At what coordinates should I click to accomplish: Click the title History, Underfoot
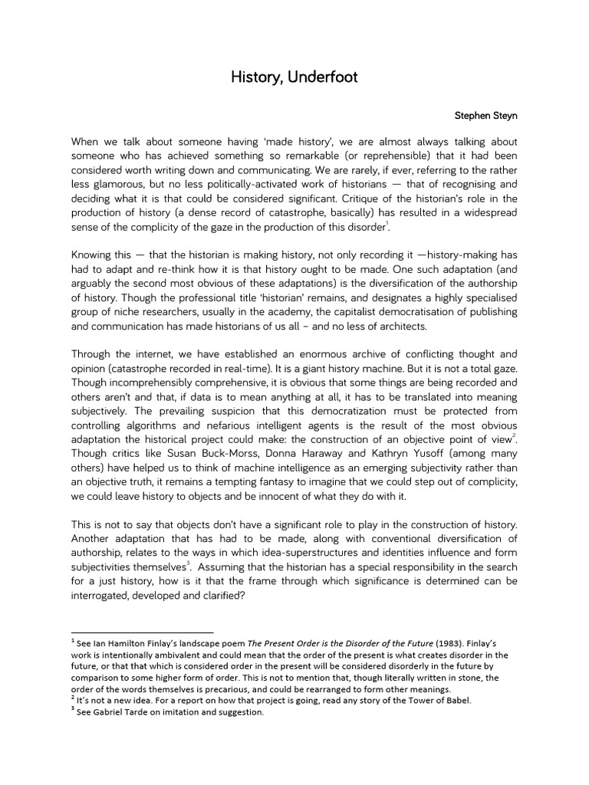click(294, 77)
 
